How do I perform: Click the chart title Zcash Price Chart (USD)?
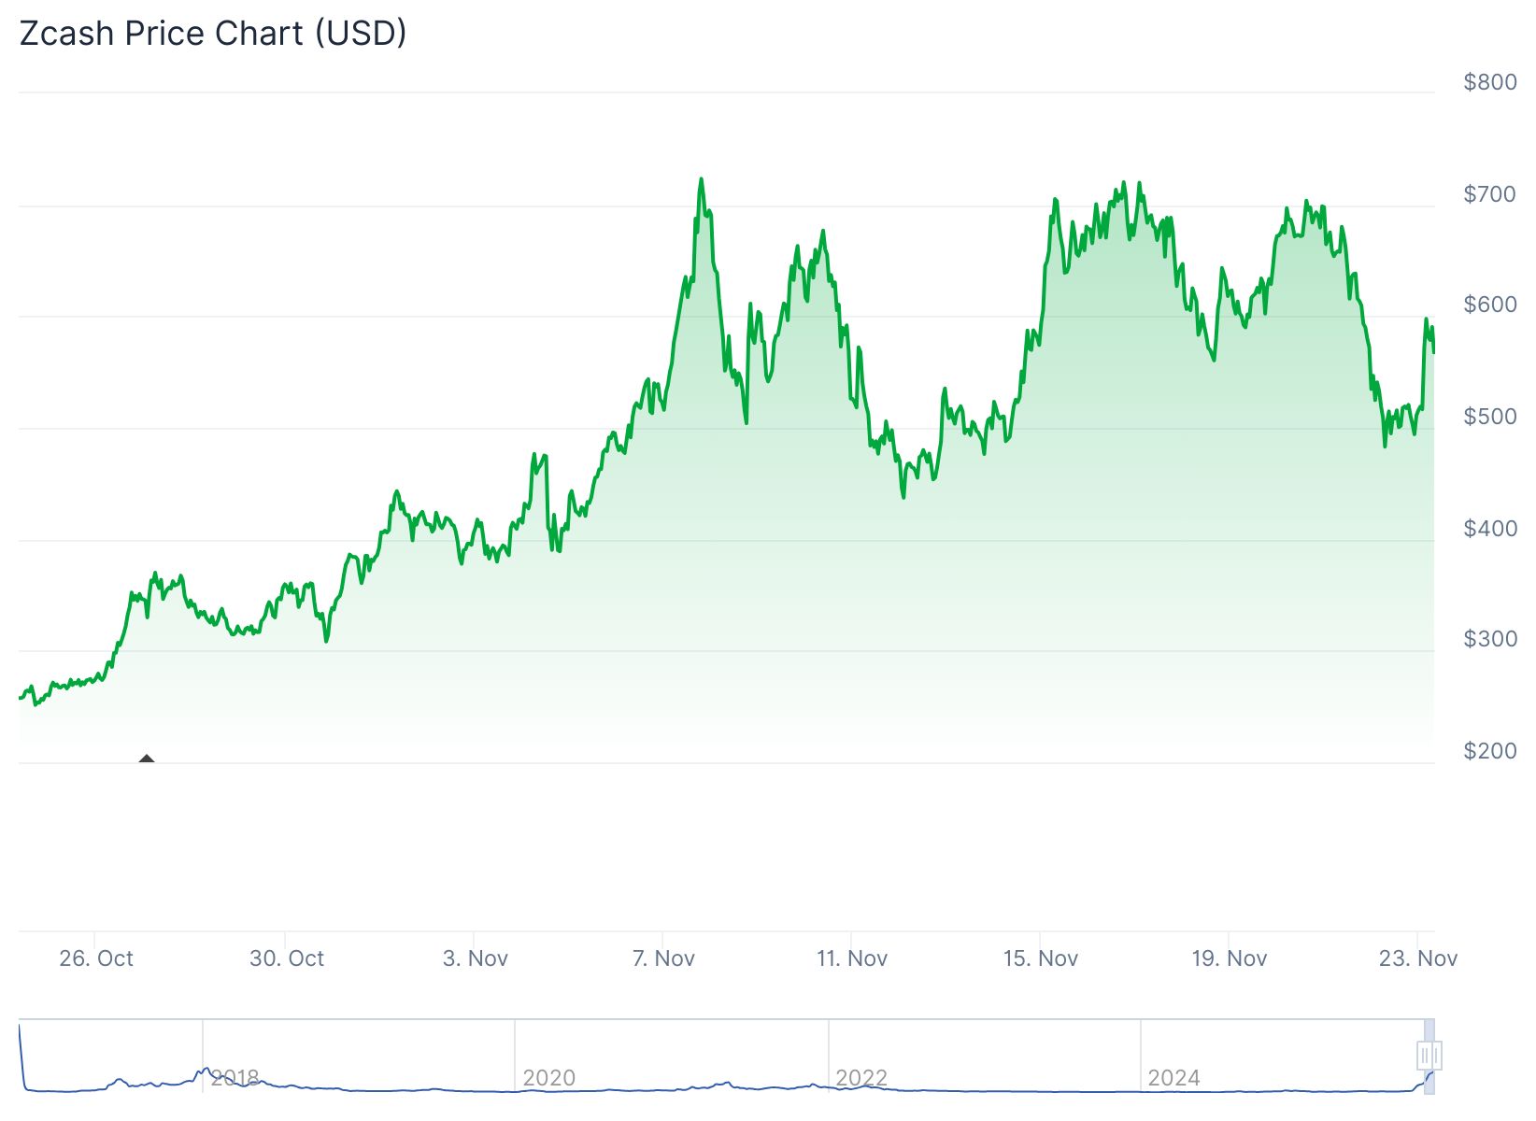[x=213, y=34]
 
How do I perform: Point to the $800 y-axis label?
[x=1490, y=82]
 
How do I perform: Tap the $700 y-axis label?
[x=1490, y=194]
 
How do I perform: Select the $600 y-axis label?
[x=1490, y=305]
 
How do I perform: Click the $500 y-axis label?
[x=1490, y=417]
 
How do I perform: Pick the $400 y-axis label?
[x=1490, y=529]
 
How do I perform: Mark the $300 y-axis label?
[x=1490, y=639]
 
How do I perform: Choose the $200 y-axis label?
[x=1490, y=751]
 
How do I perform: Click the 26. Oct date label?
[x=96, y=958]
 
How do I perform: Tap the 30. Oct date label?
[x=287, y=958]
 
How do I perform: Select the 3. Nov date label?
[x=476, y=958]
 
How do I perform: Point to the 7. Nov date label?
[x=664, y=958]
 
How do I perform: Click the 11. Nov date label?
[x=852, y=958]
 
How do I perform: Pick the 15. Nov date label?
[x=1041, y=958]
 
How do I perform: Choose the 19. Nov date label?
[x=1230, y=958]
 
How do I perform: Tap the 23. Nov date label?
[x=1418, y=958]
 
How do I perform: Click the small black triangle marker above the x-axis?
[x=147, y=759]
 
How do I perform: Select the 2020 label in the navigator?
[x=549, y=1078]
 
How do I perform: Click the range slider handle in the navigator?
[x=1429, y=1056]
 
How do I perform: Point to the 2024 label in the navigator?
[x=1173, y=1078]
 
